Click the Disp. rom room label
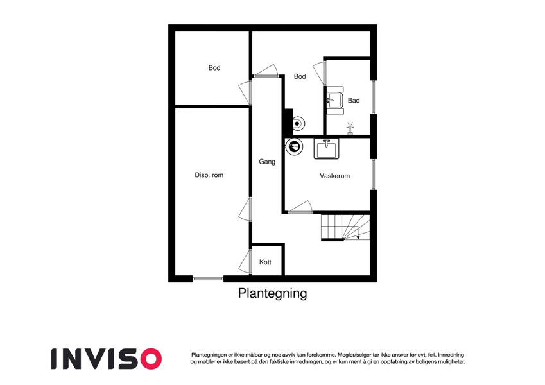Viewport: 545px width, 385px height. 209,175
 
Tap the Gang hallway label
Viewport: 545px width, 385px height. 267,162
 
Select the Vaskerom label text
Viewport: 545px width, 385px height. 334,176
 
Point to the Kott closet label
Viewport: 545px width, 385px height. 265,262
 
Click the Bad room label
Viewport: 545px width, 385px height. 354,100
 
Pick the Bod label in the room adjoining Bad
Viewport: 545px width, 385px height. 300,76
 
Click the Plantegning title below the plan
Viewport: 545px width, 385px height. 272,293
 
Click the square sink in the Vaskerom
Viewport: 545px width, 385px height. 326,149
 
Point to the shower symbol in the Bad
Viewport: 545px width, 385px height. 350,128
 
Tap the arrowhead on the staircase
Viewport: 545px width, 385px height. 358,237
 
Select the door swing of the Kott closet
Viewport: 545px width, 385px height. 245,261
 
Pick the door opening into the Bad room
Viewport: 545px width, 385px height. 319,73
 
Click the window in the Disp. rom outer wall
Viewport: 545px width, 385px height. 208,278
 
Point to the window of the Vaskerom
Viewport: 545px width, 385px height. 374,175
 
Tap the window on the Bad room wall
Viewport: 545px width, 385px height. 374,97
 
